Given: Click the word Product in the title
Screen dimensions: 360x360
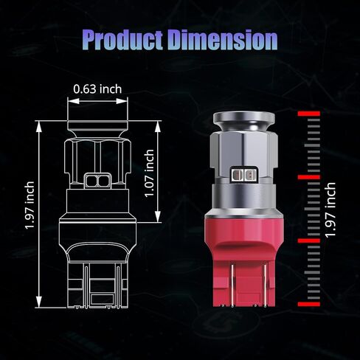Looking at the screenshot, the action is [x=122, y=41].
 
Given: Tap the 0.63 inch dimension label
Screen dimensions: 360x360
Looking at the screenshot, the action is [x=97, y=89].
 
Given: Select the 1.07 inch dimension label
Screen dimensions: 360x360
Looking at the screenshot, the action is [x=149, y=173].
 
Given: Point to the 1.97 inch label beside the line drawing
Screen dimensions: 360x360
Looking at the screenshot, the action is [x=30, y=205].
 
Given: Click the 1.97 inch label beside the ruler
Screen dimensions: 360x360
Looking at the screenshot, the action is [x=330, y=210].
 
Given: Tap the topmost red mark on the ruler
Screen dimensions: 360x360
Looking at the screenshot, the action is [x=309, y=114].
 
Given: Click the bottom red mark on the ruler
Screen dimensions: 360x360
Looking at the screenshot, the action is [x=309, y=304].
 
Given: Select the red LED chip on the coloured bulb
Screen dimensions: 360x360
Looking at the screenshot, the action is [x=243, y=175].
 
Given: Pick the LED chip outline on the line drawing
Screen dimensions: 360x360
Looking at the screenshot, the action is [x=98, y=181].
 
